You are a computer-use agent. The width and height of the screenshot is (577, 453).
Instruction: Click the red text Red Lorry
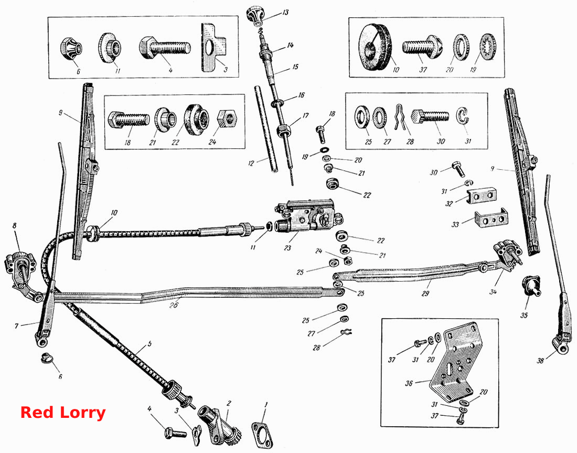tap(63, 413)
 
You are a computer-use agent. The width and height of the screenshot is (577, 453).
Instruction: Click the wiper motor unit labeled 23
tap(308, 218)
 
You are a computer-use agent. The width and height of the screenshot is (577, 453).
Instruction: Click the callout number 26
tap(174, 305)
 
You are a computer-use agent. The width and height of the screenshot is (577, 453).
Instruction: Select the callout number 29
tap(425, 294)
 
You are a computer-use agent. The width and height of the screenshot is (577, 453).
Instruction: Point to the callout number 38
tap(540, 361)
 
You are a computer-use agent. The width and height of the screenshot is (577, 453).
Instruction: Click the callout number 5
tap(149, 344)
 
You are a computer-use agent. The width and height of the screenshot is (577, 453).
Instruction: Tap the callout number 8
tap(14, 225)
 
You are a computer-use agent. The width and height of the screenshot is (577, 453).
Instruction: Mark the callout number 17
tap(305, 115)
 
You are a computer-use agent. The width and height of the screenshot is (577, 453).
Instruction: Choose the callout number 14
tap(291, 45)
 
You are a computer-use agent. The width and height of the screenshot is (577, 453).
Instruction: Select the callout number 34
tap(493, 292)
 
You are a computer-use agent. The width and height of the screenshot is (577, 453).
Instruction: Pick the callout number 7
tap(16, 326)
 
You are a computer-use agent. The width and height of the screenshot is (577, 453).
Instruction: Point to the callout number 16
tap(301, 95)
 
